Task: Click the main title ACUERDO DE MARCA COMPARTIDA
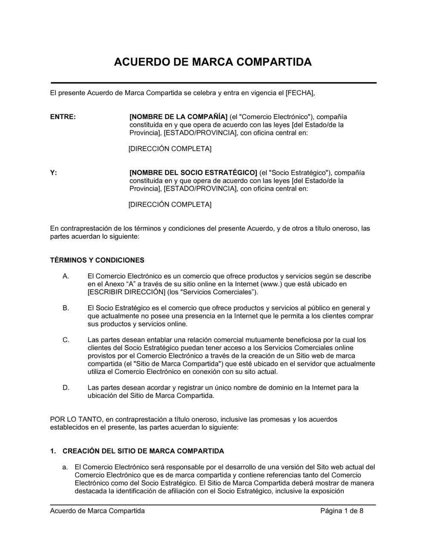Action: coord(213,62)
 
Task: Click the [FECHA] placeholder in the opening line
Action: coord(300,93)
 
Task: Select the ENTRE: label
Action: coord(63,117)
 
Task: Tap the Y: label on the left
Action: coord(54,173)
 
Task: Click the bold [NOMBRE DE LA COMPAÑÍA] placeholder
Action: coord(178,117)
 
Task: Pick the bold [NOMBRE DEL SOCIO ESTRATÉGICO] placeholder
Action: coord(193,173)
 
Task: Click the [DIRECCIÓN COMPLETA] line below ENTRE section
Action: coord(170,149)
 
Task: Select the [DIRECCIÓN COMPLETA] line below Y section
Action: coord(170,205)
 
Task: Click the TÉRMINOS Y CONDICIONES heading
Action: coord(97,260)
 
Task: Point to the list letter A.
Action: coord(66,276)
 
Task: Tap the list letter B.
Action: coord(66,308)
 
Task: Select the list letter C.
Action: coord(66,340)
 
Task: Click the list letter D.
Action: coord(66,388)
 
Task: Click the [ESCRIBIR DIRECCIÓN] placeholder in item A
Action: coord(127,292)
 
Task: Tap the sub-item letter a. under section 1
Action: coord(65,467)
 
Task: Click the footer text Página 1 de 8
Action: coord(342,511)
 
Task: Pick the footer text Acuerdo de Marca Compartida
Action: coord(98,511)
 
